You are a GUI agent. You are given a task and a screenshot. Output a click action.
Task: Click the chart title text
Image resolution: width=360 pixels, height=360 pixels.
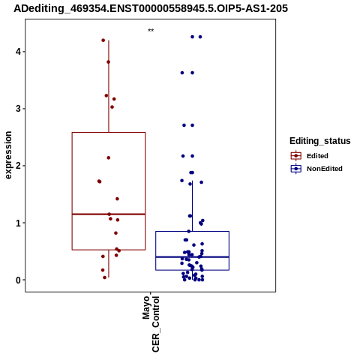coord(151,8)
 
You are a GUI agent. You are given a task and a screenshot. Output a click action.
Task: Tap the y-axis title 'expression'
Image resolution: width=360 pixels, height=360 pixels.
coord(8,155)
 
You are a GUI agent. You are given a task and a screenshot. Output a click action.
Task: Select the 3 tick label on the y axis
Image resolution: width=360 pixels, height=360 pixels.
coord(19,109)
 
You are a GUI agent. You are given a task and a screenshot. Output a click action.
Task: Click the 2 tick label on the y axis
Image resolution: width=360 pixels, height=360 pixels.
coord(19,166)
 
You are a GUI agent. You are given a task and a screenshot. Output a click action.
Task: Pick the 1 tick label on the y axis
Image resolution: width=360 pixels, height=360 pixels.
coord(19,223)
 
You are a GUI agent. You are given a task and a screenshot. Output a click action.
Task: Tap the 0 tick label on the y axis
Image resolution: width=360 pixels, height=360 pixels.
coord(19,280)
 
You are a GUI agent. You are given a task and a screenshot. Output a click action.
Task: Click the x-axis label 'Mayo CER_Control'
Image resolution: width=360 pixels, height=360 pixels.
coord(151,324)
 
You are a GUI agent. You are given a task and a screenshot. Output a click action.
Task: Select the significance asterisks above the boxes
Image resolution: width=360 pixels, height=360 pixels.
coord(151,31)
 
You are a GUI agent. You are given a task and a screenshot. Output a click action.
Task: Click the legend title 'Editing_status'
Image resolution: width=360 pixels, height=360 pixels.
coord(320,141)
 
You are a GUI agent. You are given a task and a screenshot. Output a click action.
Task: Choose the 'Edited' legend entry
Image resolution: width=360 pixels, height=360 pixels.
coord(310,156)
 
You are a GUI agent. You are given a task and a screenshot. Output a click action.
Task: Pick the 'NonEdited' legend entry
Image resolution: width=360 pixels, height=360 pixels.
coord(316,169)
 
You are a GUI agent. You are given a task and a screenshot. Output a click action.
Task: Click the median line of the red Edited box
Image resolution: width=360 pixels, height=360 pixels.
coord(109,214)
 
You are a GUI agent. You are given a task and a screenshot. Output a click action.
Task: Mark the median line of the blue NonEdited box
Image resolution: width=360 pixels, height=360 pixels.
coord(192,257)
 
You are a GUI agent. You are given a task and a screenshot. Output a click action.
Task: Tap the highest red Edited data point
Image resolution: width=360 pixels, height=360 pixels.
coord(103,40)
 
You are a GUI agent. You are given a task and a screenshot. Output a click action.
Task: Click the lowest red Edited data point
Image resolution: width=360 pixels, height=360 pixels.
coord(105,277)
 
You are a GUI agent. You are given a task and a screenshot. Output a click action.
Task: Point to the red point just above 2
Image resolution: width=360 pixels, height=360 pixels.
coord(109,157)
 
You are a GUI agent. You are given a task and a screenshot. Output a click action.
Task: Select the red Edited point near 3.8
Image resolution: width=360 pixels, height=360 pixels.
coord(108,62)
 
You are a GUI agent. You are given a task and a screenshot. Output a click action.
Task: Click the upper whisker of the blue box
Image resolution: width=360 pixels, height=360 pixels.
coord(192,206)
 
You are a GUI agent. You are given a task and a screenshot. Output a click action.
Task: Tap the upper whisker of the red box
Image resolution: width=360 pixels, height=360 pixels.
coord(109,86)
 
